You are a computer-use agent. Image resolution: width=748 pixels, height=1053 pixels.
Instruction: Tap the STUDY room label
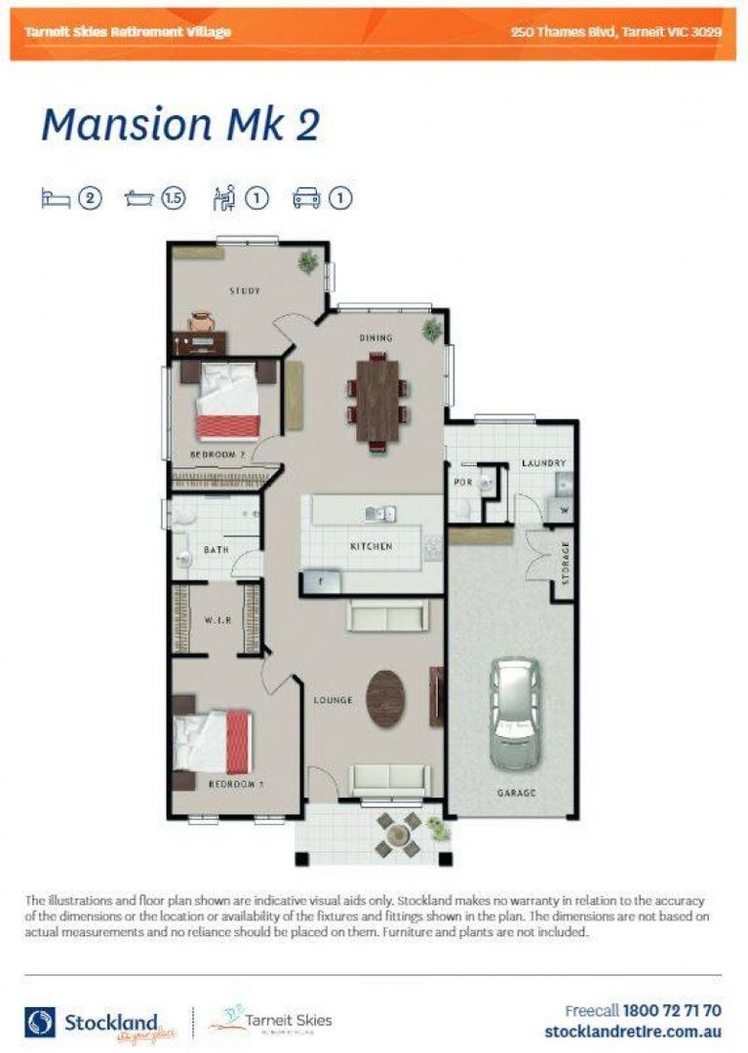pyautogui.click(x=245, y=291)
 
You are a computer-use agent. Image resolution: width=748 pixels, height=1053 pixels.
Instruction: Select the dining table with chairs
pyautogui.click(x=377, y=401)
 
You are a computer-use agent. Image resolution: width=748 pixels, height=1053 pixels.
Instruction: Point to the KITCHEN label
pyautogui.click(x=372, y=547)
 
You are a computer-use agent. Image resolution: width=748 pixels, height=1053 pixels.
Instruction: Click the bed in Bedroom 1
pyautogui.click(x=215, y=742)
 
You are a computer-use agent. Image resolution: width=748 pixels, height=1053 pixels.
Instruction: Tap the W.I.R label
pyautogui.click(x=217, y=620)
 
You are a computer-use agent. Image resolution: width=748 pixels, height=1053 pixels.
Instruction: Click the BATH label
pyautogui.click(x=216, y=551)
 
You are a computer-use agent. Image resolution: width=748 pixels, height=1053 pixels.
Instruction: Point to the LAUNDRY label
pyautogui.click(x=543, y=463)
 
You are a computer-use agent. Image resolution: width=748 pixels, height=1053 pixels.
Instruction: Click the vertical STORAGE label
pyautogui.click(x=565, y=564)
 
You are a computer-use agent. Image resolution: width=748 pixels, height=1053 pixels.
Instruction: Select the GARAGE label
pyautogui.click(x=516, y=794)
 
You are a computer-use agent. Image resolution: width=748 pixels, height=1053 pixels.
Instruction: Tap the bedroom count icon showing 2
pyautogui.click(x=90, y=199)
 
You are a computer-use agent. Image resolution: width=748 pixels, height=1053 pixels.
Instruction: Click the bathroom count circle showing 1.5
pyautogui.click(x=174, y=199)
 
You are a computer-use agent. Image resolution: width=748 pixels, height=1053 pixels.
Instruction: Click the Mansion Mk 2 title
pyautogui.click(x=180, y=126)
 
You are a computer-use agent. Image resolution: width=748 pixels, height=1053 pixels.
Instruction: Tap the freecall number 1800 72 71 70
pyautogui.click(x=672, y=1011)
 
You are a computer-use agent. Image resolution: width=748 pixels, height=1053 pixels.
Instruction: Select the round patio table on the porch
pyautogui.click(x=398, y=834)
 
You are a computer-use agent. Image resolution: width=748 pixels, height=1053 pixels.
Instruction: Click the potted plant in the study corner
pyautogui.click(x=308, y=260)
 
